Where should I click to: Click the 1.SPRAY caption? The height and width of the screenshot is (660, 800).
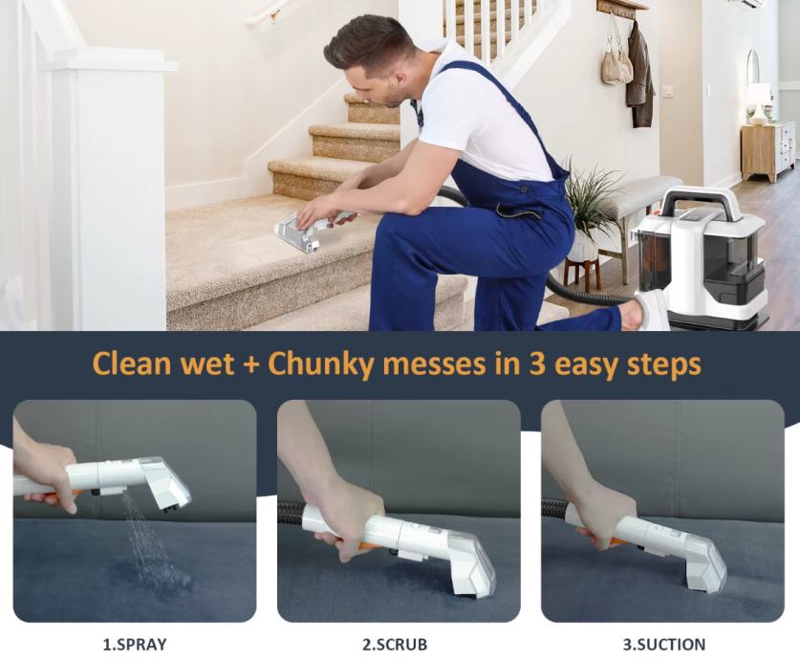[x=135, y=644]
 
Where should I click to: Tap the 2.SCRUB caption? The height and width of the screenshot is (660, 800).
[x=395, y=644]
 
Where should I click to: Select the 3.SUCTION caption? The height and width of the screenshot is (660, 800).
[x=664, y=644]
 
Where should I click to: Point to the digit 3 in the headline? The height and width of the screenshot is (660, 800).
[x=536, y=363]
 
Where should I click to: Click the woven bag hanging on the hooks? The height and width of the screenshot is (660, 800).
[x=616, y=61]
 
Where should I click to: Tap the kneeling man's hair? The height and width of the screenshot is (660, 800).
[x=370, y=43]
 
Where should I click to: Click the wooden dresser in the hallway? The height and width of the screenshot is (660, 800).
[x=768, y=150]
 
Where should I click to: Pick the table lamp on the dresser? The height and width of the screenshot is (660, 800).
[x=759, y=103]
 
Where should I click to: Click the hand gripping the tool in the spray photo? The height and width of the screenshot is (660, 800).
[x=49, y=474]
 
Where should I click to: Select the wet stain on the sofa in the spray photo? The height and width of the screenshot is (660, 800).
[x=148, y=577]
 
